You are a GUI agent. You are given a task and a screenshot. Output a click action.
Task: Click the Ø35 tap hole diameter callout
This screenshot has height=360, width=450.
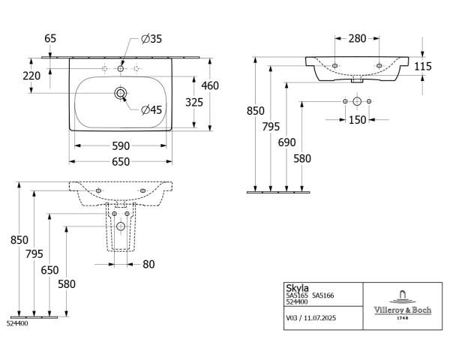[x=151, y=39]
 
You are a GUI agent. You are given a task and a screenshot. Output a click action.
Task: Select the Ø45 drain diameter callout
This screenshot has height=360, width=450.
[x=151, y=109]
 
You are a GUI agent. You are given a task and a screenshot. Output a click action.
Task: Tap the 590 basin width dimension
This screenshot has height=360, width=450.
[x=121, y=146]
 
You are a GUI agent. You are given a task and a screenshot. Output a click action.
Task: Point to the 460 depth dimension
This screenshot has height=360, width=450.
[x=210, y=85]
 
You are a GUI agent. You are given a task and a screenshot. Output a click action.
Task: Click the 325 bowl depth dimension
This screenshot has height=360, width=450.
[x=194, y=102]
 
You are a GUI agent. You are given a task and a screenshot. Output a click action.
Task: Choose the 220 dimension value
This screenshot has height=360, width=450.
[x=31, y=76]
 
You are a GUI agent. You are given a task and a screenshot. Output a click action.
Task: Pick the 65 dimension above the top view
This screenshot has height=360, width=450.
[x=50, y=38]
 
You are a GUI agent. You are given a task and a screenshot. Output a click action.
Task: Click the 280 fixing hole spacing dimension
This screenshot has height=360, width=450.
[x=357, y=38]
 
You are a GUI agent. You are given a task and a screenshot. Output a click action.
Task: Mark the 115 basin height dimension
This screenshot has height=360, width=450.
[x=423, y=66]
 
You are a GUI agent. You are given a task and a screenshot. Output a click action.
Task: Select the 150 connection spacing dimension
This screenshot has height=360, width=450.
[x=357, y=120]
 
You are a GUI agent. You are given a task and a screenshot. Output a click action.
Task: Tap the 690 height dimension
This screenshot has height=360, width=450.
[x=286, y=142]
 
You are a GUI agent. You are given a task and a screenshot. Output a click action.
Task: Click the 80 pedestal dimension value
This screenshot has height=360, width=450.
[x=148, y=265]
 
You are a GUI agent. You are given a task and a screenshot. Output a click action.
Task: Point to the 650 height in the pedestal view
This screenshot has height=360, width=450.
[x=49, y=270]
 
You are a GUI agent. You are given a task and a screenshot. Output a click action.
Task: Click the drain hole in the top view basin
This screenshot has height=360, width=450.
[x=121, y=93]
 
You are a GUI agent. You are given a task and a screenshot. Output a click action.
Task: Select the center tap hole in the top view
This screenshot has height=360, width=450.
[x=121, y=68]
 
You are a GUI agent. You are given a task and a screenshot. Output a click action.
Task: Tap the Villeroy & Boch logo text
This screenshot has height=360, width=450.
[x=402, y=310]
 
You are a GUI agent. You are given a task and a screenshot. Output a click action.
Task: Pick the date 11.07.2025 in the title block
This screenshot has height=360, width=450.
[x=319, y=318]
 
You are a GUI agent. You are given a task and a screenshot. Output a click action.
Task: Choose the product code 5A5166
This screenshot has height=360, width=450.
[x=322, y=295]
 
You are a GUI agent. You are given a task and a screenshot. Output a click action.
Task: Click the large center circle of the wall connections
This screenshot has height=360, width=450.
[x=357, y=101]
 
